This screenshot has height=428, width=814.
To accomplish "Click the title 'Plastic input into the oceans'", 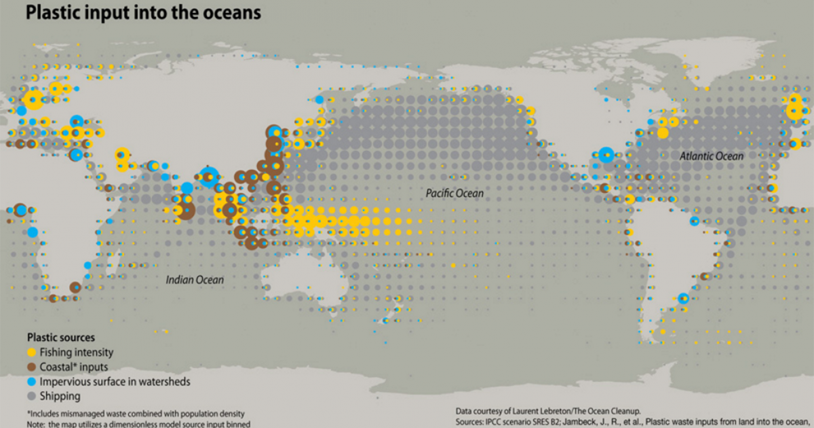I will [x=143, y=13].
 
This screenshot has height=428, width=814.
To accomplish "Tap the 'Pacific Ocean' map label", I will [x=454, y=194].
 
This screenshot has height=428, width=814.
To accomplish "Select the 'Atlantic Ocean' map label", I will [x=712, y=156].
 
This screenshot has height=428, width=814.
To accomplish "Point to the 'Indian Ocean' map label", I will [x=195, y=279].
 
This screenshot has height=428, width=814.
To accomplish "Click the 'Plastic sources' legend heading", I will [x=60, y=337].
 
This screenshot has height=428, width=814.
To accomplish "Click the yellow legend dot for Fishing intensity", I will [x=31, y=353].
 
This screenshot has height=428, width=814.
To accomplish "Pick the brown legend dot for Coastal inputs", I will [x=31, y=367].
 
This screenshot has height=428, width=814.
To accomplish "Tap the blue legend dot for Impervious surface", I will [x=31, y=382].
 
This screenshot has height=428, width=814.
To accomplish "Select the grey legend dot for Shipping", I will [x=31, y=396].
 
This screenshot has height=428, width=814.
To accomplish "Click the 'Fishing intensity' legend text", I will [x=76, y=353].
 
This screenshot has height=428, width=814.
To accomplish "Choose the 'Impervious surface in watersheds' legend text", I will [x=115, y=382].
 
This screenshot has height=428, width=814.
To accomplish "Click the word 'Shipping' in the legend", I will [x=60, y=396].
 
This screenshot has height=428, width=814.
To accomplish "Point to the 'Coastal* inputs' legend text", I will [x=73, y=367].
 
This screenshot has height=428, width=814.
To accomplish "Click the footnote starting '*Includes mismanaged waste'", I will [x=135, y=413].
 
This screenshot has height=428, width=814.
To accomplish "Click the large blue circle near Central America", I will [x=606, y=155].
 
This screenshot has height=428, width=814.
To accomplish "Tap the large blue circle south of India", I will [x=210, y=176].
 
